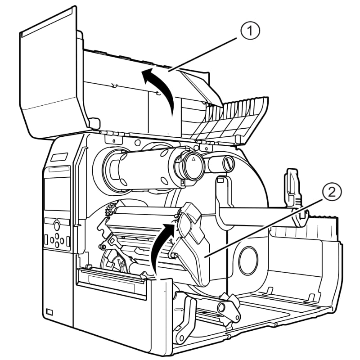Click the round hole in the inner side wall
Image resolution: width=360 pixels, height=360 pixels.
(248, 260)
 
